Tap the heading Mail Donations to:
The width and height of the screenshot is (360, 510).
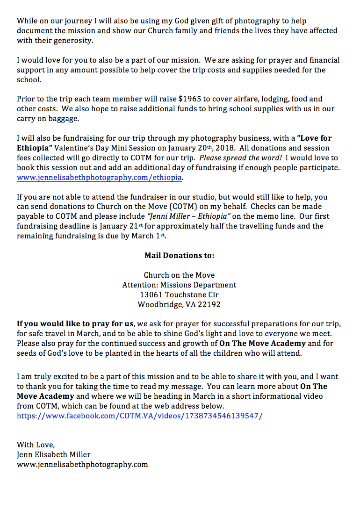[x=180, y=256]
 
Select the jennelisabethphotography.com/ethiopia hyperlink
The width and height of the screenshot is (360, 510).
[x=99, y=178]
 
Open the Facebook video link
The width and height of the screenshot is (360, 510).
[x=139, y=416]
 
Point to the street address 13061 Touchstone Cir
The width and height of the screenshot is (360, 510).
[x=180, y=295]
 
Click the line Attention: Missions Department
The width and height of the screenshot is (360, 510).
[x=180, y=285]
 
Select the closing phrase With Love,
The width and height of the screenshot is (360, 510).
[x=36, y=445]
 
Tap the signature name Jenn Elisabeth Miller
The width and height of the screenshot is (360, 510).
[x=54, y=454]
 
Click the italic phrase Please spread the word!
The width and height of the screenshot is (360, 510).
[x=240, y=158]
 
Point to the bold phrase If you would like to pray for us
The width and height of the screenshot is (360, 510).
[x=75, y=324]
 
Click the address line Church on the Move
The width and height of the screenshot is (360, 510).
[x=180, y=275]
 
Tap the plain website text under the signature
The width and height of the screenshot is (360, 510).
[x=82, y=464]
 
